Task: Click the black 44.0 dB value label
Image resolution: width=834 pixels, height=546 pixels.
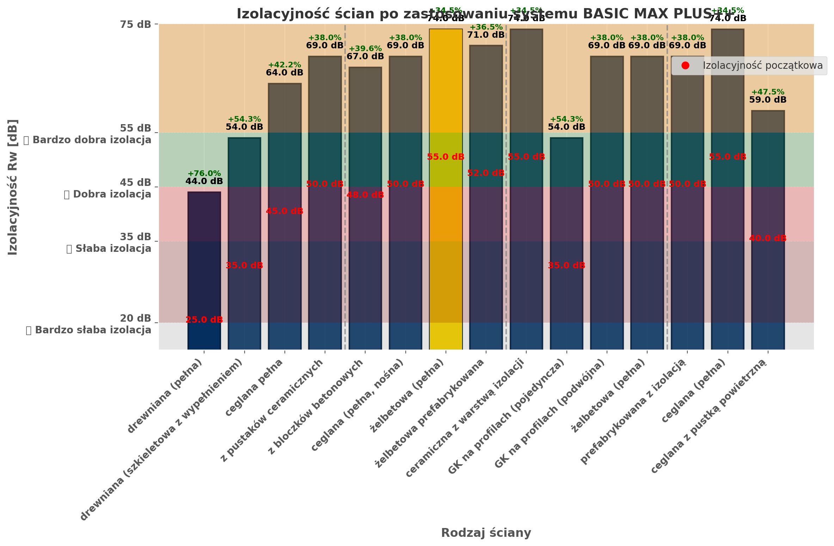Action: pos(204,181)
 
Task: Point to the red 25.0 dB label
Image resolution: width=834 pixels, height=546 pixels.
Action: pos(204,320)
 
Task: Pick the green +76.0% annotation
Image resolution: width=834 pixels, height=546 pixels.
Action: pos(204,174)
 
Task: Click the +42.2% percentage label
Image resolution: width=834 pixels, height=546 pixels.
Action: pos(284,65)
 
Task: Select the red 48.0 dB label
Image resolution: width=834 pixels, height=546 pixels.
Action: pos(365,195)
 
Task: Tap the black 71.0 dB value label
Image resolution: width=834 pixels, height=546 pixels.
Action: pos(486,35)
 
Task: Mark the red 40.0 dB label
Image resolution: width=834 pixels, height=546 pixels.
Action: pos(768,238)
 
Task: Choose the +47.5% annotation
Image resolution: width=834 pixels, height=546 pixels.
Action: pos(768,92)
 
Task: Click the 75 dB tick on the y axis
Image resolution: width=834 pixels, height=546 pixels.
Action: pos(135,24)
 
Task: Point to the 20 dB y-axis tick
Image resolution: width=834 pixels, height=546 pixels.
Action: pos(135,318)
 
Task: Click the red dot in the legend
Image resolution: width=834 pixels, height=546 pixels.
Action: pos(685,66)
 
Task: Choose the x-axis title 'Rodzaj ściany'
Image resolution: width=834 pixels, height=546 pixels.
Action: pos(486,533)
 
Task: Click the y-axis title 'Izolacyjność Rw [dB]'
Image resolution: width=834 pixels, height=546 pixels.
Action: pos(13,187)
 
